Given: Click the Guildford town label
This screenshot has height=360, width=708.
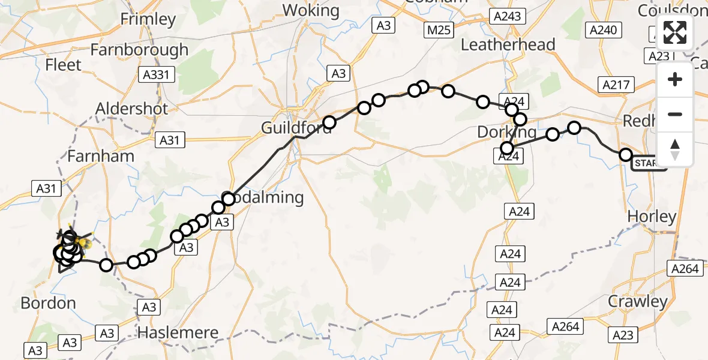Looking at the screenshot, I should tap(296, 127).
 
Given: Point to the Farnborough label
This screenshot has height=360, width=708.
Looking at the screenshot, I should tap(139, 49).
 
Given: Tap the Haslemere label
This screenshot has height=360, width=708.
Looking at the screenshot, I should tap(178, 332).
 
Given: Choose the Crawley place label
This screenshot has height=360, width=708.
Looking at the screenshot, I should tap(638, 301).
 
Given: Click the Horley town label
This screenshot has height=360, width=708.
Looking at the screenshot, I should tap(651, 216).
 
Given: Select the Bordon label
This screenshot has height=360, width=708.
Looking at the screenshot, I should tap(49, 303).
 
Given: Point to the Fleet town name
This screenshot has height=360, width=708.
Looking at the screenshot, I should tap(63, 64).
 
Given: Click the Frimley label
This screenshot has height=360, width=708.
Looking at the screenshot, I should tap(148, 19).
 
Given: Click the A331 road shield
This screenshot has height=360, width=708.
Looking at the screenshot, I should tap(157, 75).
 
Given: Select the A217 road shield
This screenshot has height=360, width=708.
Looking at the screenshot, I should tap(616, 85).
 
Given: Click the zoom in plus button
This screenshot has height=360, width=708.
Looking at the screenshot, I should tap(675, 80).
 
